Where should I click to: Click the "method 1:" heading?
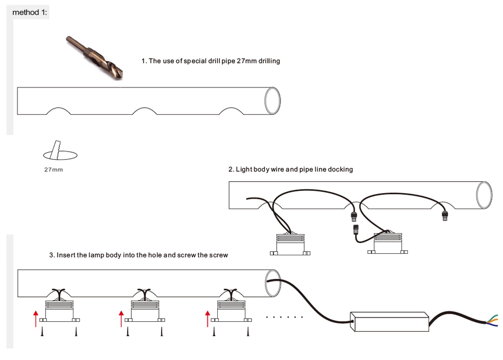point(30,12)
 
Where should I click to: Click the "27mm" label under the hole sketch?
point(53,170)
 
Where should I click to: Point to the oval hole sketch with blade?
point(61,152)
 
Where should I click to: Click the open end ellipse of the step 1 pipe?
point(272,101)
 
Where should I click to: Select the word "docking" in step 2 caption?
point(341,170)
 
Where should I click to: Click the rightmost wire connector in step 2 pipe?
point(444,215)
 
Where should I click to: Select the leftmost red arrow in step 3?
point(35,319)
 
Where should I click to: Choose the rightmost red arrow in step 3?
point(207,319)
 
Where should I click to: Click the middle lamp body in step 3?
point(145,310)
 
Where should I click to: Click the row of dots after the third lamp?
point(284,318)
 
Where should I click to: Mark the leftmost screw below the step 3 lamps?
point(43,332)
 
